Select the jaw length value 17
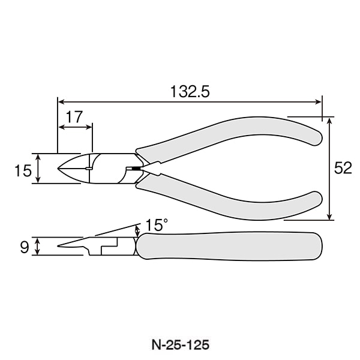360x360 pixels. click(74, 117)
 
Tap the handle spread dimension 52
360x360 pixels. click(343, 169)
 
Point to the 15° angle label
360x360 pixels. click(156, 225)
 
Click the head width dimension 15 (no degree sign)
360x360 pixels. click(23, 170)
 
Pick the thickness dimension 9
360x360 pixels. click(24, 247)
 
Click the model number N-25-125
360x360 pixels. click(180, 345)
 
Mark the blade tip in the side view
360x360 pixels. click(60, 245)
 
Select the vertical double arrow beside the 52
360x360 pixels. click(329, 169)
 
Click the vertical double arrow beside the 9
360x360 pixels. click(38, 246)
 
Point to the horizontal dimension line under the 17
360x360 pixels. click(75, 127)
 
